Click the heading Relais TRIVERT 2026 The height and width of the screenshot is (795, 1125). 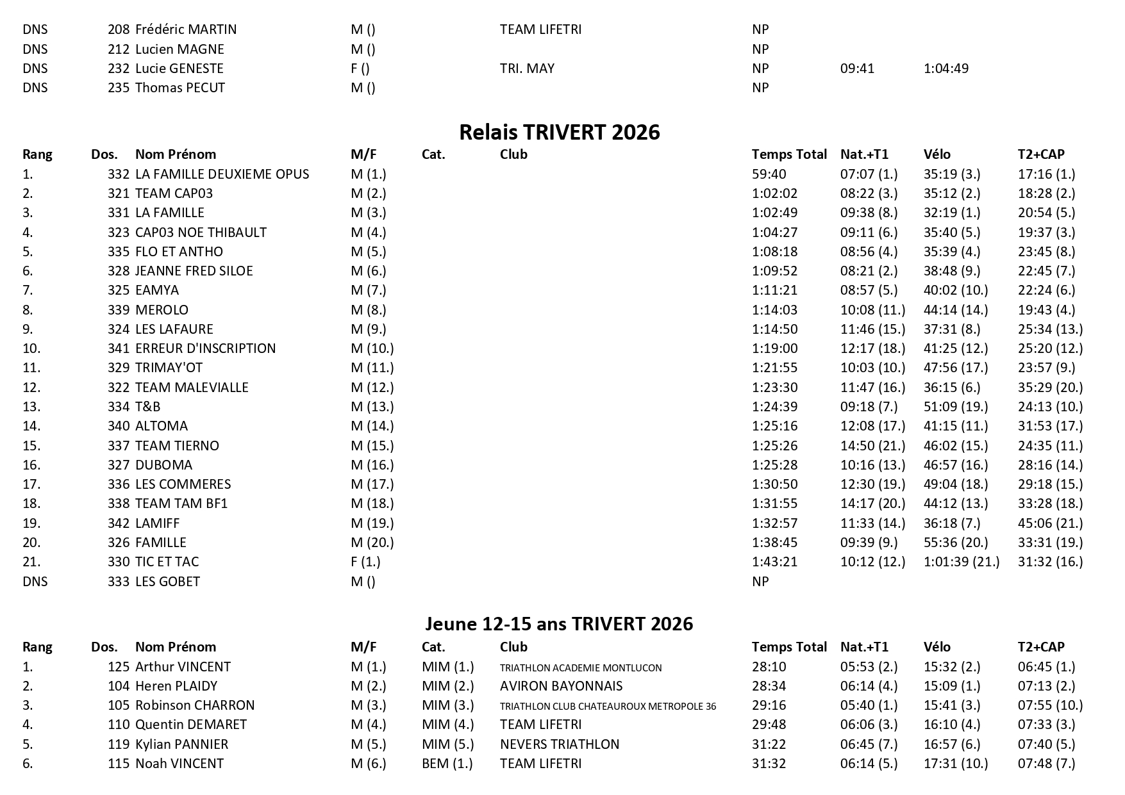pyautogui.click(x=560, y=132)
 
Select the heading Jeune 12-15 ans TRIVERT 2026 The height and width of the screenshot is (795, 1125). pyautogui.click(x=559, y=624)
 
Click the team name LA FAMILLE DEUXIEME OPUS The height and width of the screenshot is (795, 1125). pyautogui.click(x=222, y=174)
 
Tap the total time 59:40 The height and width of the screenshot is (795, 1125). pyautogui.click(x=769, y=174)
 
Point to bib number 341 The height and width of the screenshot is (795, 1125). pyautogui.click(x=119, y=348)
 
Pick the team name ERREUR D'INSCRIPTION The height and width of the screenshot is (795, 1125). pyautogui.click(x=205, y=348)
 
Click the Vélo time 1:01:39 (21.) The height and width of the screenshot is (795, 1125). pyautogui.click(x=961, y=562)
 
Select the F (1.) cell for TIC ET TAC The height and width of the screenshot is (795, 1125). pyautogui.click(x=365, y=562)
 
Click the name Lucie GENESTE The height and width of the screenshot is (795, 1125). pyautogui.click(x=179, y=69)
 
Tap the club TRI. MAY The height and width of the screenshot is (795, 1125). pyautogui.click(x=527, y=69)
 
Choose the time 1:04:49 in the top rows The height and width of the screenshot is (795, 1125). pyautogui.click(x=946, y=69)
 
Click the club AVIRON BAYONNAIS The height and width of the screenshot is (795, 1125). pyautogui.click(x=561, y=686)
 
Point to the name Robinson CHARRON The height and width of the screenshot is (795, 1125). pyautogui.click(x=195, y=705)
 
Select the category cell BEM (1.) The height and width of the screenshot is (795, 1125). pyautogui.click(x=447, y=764)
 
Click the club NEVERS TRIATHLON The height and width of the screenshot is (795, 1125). pyautogui.click(x=560, y=744)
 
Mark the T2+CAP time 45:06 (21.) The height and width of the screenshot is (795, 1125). pyautogui.click(x=1050, y=523)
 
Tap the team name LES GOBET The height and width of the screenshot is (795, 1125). pyautogui.click(x=167, y=582)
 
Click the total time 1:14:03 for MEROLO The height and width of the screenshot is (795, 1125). pyautogui.click(x=774, y=310)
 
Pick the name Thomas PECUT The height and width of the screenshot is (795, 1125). pyautogui.click(x=180, y=88)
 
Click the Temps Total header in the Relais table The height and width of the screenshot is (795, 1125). pyautogui.click(x=789, y=154)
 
